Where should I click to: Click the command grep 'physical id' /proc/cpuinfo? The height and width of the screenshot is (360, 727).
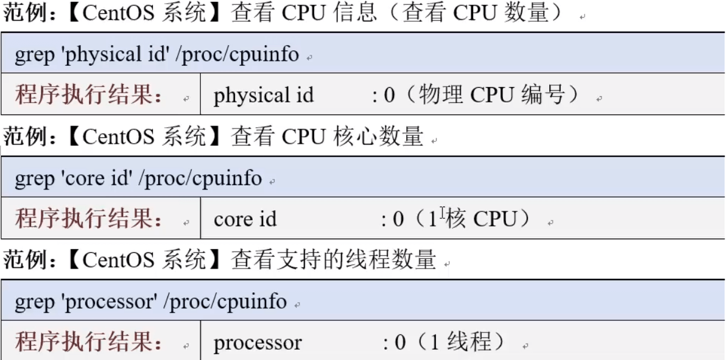pyautogui.click(x=156, y=55)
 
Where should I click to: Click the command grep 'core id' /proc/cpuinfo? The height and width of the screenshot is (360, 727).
pyautogui.click(x=138, y=178)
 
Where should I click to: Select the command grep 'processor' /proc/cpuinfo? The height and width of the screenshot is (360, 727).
pyautogui.click(x=150, y=302)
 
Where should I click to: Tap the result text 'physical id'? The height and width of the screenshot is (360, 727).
pyautogui.click(x=264, y=96)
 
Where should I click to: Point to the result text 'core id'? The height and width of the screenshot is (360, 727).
pyautogui.click(x=245, y=219)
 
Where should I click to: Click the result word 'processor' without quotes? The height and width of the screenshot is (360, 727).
pyautogui.click(x=258, y=344)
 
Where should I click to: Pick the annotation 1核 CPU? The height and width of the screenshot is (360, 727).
pyautogui.click(x=473, y=219)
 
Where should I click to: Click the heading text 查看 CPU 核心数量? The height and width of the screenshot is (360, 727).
pyautogui.click(x=328, y=137)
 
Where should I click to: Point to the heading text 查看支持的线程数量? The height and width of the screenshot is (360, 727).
pyautogui.click(x=334, y=260)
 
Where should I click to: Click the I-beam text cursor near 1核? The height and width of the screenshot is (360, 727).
pyautogui.click(x=443, y=213)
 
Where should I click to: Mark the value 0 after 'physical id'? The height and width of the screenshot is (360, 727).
pyautogui.click(x=390, y=96)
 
